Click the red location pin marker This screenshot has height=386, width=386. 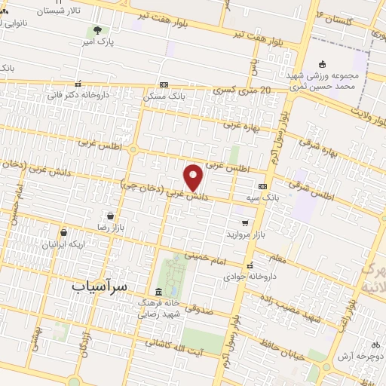194,177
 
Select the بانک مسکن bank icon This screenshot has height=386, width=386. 164,85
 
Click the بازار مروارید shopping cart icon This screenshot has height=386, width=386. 246,222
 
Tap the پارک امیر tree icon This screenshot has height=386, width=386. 96,31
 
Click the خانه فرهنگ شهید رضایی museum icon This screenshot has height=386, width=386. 158,292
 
